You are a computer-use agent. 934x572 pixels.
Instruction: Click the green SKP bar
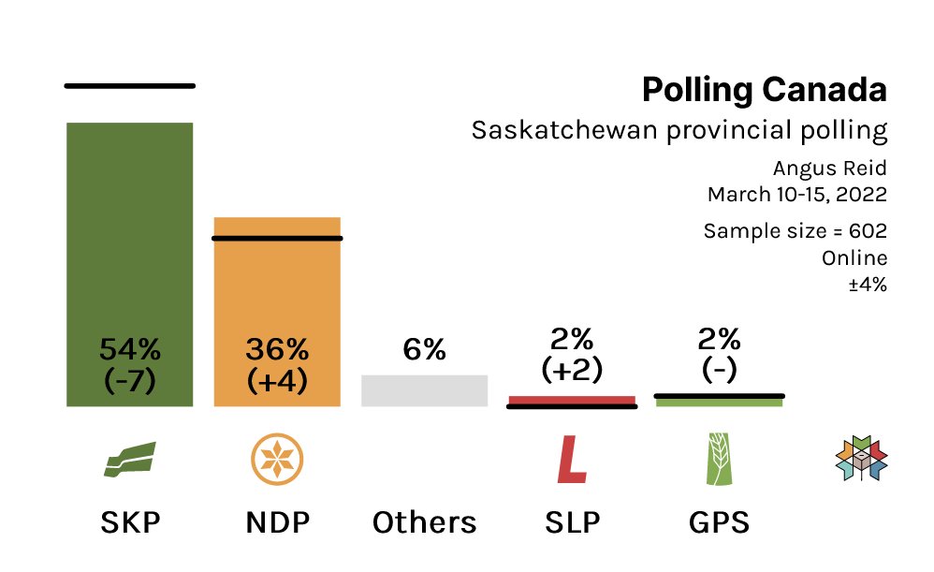pyautogui.click(x=129, y=234)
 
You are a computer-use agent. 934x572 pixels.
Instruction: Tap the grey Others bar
pyautogui.click(x=424, y=390)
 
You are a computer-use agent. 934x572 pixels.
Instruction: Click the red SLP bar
pyautogui.click(x=571, y=400)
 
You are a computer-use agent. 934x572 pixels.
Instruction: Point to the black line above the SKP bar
pyautogui.click(x=129, y=85)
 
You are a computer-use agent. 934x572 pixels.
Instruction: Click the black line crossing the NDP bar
pyautogui.click(x=277, y=238)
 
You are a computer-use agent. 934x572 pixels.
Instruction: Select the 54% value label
pyautogui.click(x=129, y=350)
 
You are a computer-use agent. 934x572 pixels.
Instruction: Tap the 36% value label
pyautogui.click(x=277, y=350)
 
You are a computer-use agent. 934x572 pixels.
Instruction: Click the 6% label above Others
pyautogui.click(x=424, y=350)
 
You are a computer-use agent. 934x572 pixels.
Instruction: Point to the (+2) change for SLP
pyautogui.click(x=571, y=370)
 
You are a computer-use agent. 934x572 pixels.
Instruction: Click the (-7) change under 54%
pyautogui.click(x=129, y=381)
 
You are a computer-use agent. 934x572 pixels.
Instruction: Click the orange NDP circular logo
pyautogui.click(x=277, y=460)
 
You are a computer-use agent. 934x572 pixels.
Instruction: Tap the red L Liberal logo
pyautogui.click(x=571, y=460)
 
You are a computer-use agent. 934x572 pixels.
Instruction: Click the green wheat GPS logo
pyautogui.click(x=719, y=460)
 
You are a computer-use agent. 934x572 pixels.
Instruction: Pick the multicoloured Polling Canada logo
pyautogui.click(x=861, y=459)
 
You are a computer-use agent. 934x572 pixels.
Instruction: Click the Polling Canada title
pyautogui.click(x=764, y=91)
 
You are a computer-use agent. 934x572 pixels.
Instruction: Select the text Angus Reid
pyautogui.click(x=829, y=169)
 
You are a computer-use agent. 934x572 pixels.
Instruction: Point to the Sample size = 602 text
pyautogui.click(x=795, y=231)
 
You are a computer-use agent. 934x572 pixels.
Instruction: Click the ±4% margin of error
pyautogui.click(x=867, y=284)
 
